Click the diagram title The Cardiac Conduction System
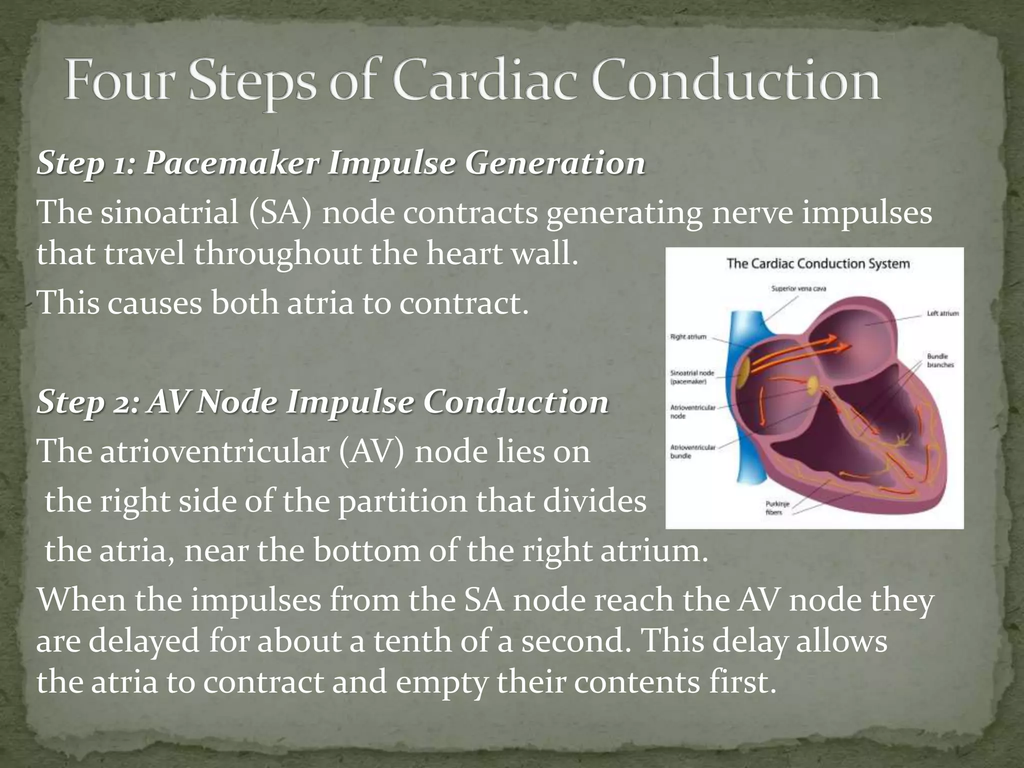818,263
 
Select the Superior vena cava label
798,288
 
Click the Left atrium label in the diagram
942,313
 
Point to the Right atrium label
688,336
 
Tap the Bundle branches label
940,360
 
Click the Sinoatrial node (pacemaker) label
691,377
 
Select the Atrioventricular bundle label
692,451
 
